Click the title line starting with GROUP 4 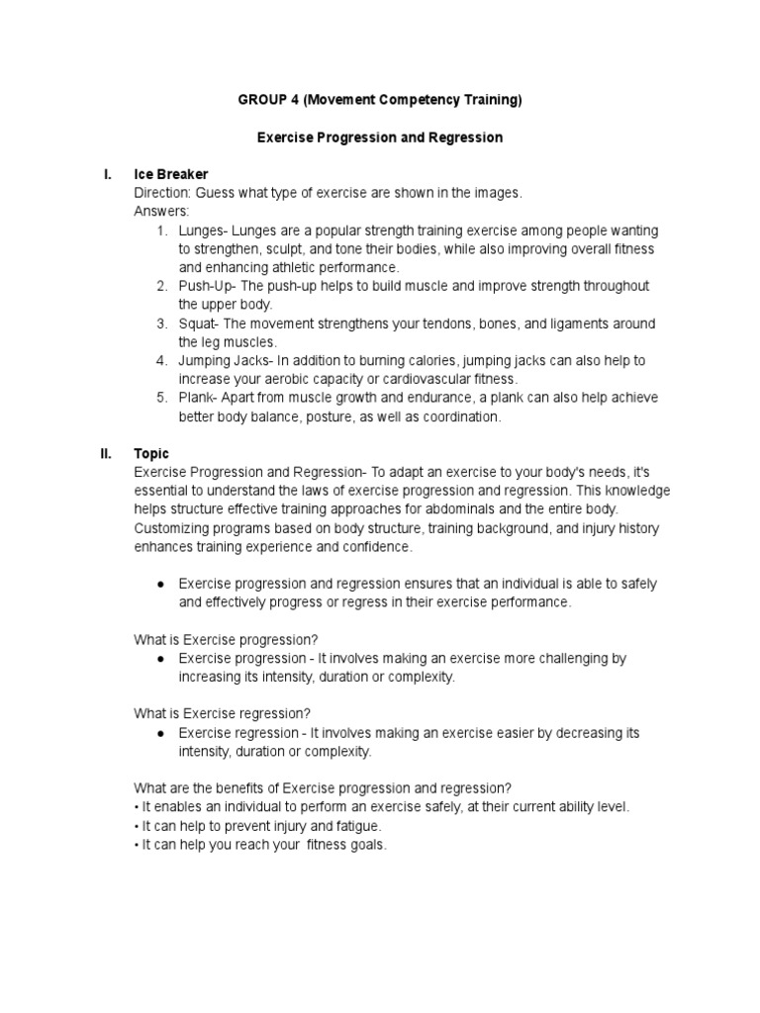click(x=380, y=100)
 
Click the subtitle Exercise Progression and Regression click(x=380, y=138)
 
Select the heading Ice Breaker click(x=171, y=174)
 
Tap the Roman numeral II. click(x=106, y=454)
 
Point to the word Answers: click(x=161, y=212)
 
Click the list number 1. click(x=160, y=230)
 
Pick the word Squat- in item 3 click(x=199, y=323)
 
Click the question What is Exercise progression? click(x=226, y=639)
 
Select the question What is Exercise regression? click(x=223, y=713)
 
